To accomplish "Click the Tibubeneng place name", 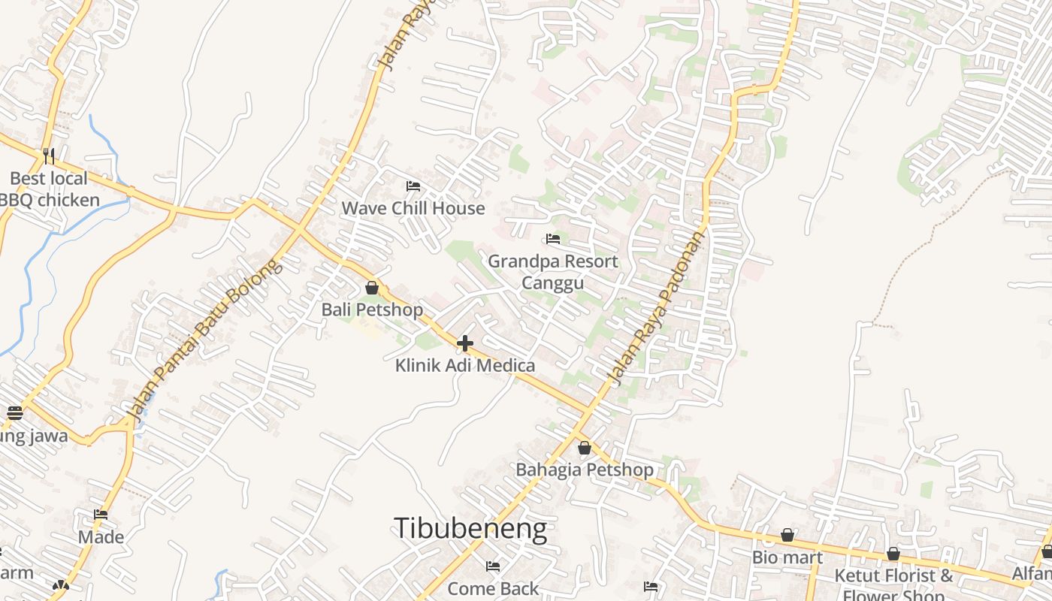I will click(470, 529).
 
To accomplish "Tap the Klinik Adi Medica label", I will click(465, 366).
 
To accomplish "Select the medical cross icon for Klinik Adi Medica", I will click(465, 343).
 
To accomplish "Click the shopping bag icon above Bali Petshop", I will click(371, 288).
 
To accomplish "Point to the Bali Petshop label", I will click(372, 310).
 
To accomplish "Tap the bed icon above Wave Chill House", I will click(413, 186).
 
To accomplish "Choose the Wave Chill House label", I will click(413, 208).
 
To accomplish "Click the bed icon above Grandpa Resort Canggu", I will click(553, 239).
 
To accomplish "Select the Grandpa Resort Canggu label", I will click(553, 272).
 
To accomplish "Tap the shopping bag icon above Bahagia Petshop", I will click(585, 448).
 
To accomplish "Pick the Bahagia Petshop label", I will click(585, 470).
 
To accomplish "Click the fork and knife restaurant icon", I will click(49, 156).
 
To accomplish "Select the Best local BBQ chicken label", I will click(49, 189).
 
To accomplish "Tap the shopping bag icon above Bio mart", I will click(787, 535).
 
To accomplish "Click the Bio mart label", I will click(787, 557).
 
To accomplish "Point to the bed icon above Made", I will click(101, 515).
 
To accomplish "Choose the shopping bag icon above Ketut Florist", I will click(893, 554).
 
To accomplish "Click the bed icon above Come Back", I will click(493, 566).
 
